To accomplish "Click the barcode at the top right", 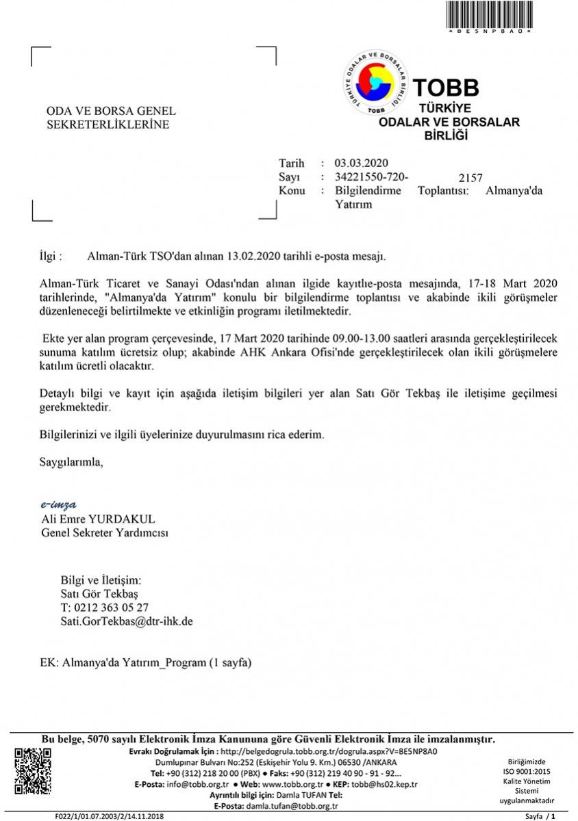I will (489, 14).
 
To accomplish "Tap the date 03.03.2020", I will (361, 163).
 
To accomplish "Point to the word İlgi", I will (51, 257).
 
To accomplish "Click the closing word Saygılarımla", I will (71, 462).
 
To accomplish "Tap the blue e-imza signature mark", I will (59, 505).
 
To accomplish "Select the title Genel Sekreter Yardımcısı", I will (105, 532).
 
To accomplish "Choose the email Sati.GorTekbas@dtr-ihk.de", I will (127, 621).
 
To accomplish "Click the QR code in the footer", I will (34, 771).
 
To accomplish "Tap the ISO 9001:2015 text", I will (527, 771).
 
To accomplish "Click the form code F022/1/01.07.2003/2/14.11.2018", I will (110, 816).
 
